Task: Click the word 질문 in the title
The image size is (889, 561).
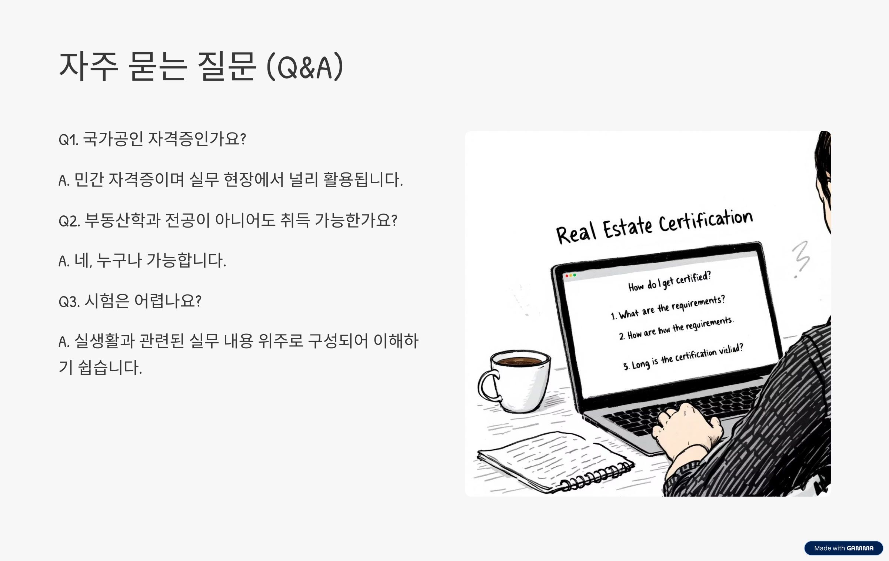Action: pos(227,67)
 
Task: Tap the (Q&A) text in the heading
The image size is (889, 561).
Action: pos(305,67)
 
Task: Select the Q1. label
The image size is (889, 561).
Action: pos(69,140)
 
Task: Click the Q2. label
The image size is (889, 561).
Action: pos(69,221)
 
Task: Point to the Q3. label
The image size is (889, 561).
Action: pos(69,302)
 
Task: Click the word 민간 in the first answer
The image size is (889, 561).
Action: pos(89,180)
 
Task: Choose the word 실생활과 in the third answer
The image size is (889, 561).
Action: pos(104,341)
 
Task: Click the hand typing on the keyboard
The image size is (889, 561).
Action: pos(685,429)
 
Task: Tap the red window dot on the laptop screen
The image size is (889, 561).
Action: pos(567,276)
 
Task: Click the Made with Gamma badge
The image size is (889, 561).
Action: pos(843,548)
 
